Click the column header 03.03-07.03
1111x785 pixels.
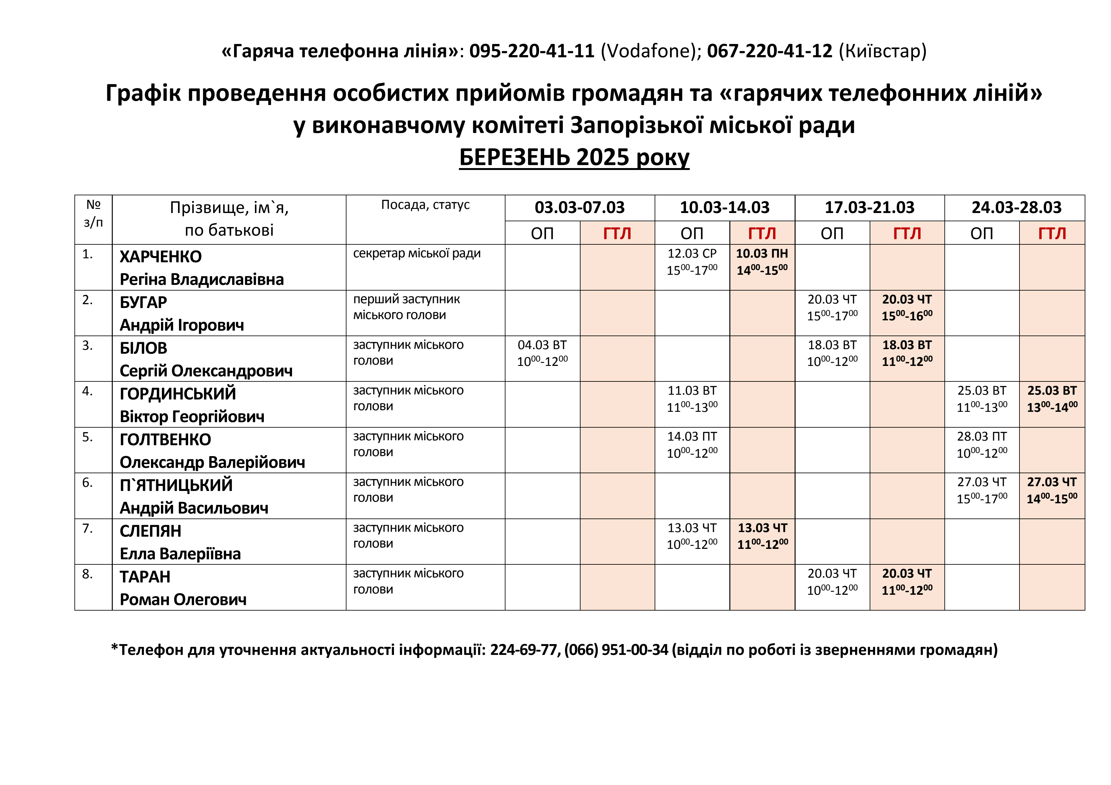[x=579, y=208]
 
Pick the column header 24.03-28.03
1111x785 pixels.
[x=1016, y=208]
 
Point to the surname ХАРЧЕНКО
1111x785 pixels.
[x=160, y=256]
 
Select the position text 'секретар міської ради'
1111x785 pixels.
[x=417, y=254]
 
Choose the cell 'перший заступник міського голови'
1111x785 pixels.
[x=406, y=307]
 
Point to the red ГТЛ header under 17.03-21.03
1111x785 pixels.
[x=907, y=234]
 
